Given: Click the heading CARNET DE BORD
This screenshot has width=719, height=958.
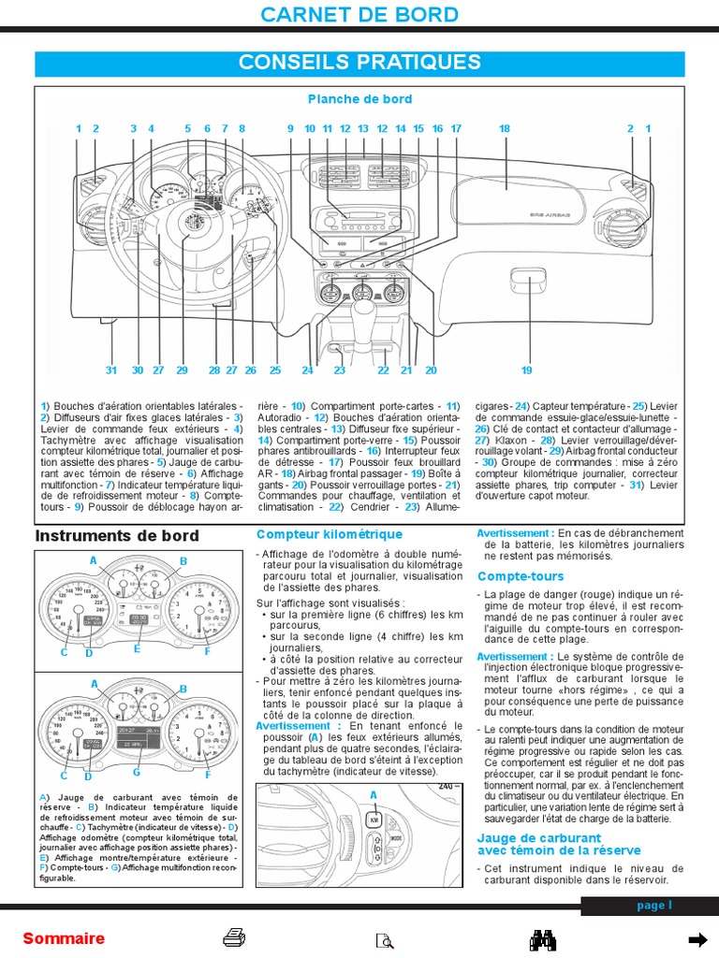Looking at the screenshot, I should [x=359, y=15].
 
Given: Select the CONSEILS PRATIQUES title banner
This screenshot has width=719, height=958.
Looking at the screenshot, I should [x=359, y=63].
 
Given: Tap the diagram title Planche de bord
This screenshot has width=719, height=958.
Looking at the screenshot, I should [x=359, y=99].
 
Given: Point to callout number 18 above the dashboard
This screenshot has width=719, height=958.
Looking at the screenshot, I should [x=504, y=128].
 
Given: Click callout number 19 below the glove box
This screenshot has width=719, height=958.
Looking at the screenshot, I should [x=526, y=370].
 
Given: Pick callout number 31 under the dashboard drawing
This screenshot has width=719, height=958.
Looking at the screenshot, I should [x=111, y=370].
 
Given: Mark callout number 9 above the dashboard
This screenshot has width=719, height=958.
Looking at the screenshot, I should [x=290, y=128].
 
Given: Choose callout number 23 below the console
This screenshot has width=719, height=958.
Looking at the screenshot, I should [x=340, y=370].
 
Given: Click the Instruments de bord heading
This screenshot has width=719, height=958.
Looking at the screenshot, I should [x=117, y=536].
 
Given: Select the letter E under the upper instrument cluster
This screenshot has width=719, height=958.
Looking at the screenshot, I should [x=137, y=647].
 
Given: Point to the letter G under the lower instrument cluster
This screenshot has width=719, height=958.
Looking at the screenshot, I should [x=137, y=772].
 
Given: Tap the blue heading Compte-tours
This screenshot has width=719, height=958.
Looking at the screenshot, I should [x=521, y=576].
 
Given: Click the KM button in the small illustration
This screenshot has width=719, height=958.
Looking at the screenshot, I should [x=373, y=820].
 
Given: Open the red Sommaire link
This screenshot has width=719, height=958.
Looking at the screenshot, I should [x=64, y=939].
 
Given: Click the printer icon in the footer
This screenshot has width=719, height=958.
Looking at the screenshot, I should [x=234, y=938].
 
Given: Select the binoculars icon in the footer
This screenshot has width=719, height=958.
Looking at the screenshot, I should [x=544, y=939].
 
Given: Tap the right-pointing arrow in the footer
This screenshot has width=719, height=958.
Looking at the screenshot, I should [x=697, y=939].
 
